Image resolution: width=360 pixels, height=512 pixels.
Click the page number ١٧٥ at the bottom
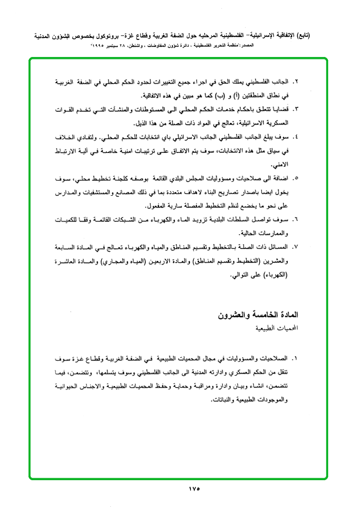pyautogui.click(x=194, y=489)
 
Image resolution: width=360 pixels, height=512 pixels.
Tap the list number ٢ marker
pyautogui.click(x=296, y=82)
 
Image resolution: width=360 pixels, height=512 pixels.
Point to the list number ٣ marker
pyautogui.click(x=296, y=109)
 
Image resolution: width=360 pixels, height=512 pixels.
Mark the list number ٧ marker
pyautogui.click(x=296, y=247)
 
